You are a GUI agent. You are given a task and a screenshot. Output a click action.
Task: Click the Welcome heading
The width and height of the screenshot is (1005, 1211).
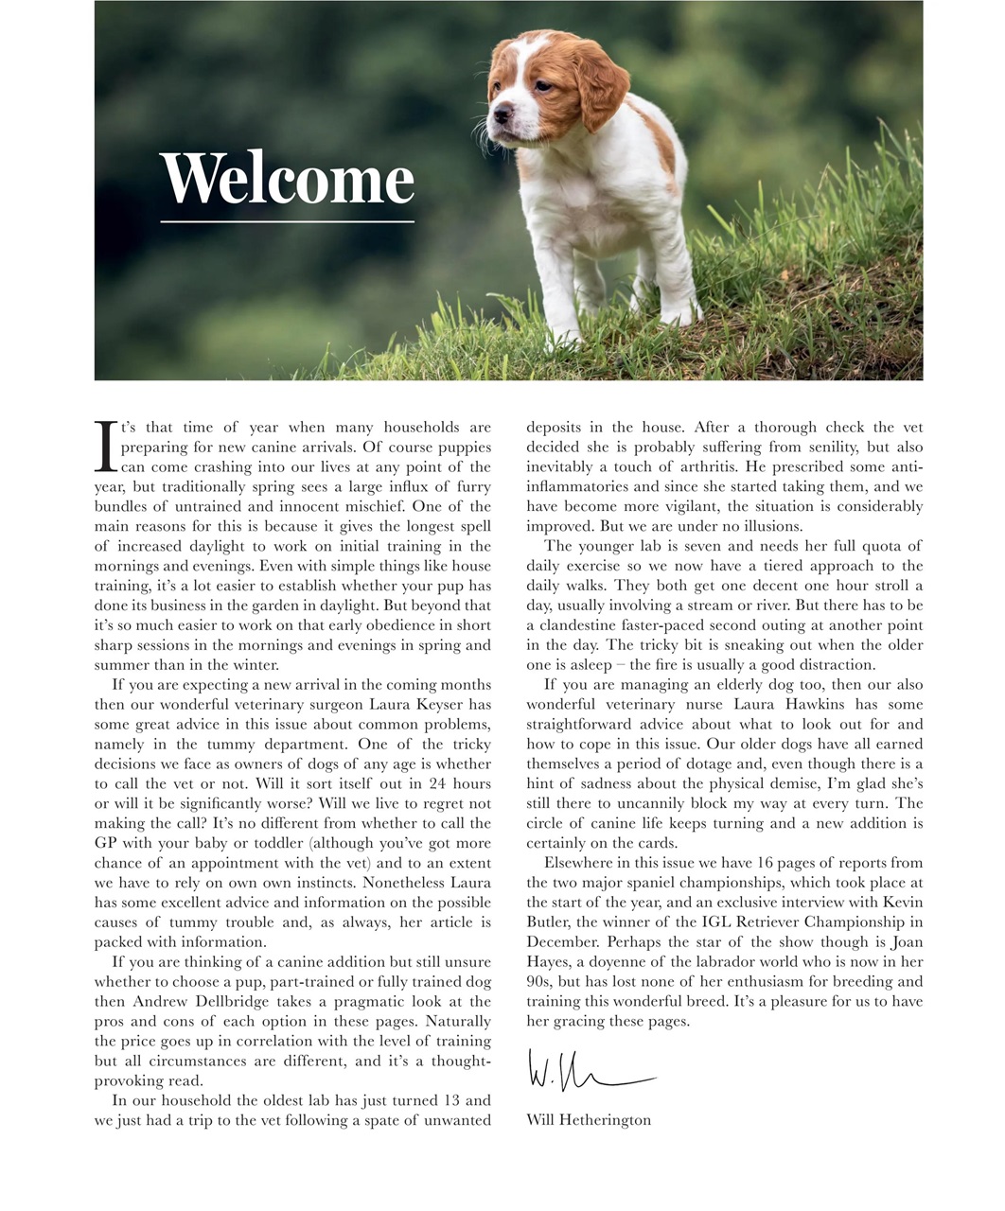point(288,178)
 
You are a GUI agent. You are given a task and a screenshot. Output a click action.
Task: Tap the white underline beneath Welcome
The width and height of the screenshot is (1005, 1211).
point(288,221)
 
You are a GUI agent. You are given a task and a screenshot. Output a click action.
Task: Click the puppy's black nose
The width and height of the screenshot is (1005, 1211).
point(500,115)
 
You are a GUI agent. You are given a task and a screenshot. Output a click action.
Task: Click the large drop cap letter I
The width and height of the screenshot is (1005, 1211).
point(106,448)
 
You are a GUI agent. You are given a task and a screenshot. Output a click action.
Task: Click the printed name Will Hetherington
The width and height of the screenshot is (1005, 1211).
point(589,1120)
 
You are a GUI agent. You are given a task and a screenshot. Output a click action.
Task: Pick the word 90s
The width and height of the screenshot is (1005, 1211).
point(539,982)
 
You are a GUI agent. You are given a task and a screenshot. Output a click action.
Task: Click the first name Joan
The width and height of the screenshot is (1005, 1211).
point(906,942)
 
